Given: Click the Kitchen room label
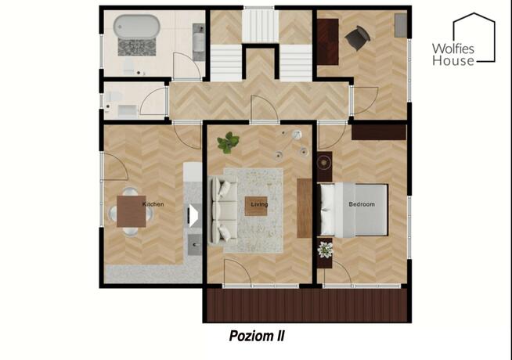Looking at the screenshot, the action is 153,204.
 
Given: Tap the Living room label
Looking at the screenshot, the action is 259,204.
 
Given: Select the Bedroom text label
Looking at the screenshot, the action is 362,204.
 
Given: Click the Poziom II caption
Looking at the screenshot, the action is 257,336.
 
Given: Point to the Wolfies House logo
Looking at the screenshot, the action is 463,39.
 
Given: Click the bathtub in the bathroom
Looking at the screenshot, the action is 136,27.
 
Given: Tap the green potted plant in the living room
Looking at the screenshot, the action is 228,142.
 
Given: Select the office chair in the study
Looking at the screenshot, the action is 358,38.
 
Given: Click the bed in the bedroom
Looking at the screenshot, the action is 352,210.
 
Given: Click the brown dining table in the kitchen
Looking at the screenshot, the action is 132,211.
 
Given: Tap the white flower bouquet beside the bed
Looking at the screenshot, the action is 325,250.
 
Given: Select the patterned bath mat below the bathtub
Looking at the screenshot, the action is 137,47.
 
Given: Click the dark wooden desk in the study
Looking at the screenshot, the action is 327,41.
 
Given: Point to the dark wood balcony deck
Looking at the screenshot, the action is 307,305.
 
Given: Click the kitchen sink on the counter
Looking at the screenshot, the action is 195,244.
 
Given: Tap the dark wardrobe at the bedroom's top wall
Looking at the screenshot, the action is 379,132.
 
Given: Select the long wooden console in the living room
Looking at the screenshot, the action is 305,208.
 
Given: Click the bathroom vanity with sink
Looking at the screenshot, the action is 199,41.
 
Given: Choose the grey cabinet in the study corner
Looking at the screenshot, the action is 401,26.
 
